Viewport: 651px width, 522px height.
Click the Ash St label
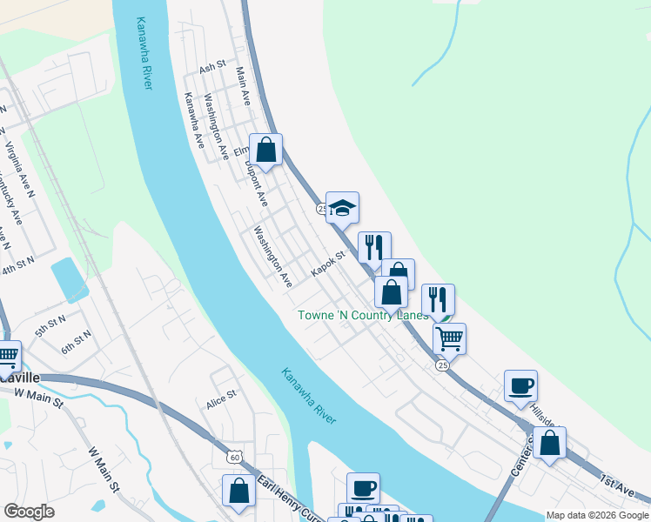(x=212, y=67)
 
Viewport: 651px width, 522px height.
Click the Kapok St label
(x=329, y=263)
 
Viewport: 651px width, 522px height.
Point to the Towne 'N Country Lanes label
(x=364, y=315)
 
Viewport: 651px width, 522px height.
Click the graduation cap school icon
(x=343, y=208)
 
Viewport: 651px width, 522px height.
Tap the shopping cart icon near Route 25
(x=449, y=338)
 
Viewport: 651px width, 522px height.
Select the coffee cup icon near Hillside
(x=520, y=385)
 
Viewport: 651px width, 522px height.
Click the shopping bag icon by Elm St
(x=266, y=149)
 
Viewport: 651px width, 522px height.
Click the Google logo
(x=29, y=512)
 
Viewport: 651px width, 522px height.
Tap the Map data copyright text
(x=596, y=515)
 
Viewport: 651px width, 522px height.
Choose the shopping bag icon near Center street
(x=549, y=443)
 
